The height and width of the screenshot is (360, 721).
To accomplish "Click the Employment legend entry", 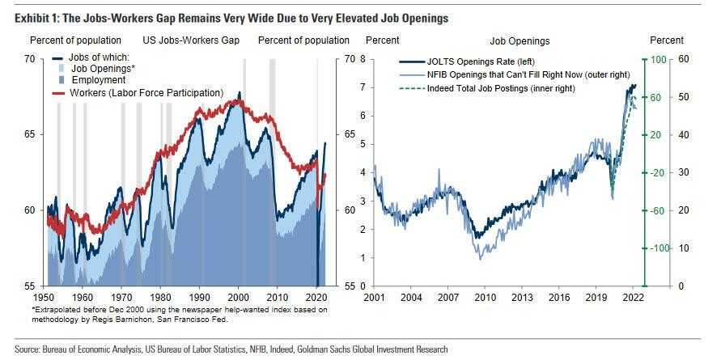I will [x=98, y=80].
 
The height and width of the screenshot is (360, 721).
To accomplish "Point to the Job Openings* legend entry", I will [x=101, y=70].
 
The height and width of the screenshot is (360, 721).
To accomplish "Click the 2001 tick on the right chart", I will [x=373, y=298].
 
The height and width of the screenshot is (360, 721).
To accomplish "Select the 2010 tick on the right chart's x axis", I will [x=485, y=298].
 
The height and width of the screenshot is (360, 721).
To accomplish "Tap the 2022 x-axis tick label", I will [x=632, y=298].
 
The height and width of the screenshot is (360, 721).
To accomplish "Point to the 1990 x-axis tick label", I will [x=200, y=298].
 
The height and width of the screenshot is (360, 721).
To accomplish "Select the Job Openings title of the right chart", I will [x=520, y=40].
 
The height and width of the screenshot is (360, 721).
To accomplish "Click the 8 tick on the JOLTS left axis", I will [x=364, y=59].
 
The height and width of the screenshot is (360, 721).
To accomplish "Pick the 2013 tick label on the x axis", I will [x=521, y=298].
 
